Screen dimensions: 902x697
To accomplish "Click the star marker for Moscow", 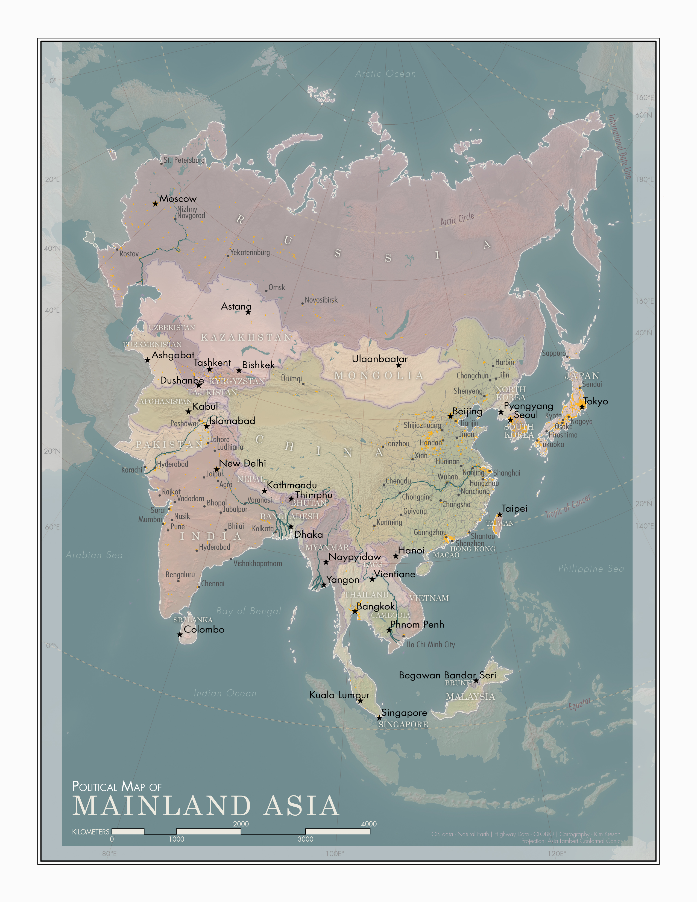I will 155,204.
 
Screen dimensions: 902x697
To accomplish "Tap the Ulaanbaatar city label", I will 379,359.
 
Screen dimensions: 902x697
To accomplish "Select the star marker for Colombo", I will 180,634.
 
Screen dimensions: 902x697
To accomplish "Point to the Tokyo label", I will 596,401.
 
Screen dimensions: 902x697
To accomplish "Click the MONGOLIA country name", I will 379,375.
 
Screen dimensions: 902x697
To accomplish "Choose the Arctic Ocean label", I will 386,74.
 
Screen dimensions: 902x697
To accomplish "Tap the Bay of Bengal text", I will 248,611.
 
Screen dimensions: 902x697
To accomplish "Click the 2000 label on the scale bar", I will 241,824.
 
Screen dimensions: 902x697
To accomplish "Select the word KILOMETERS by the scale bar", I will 90,832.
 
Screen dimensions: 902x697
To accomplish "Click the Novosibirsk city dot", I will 302,304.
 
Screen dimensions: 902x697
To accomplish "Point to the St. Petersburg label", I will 184,160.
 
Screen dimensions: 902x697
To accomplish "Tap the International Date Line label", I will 619,146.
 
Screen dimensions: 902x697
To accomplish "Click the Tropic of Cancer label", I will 568,507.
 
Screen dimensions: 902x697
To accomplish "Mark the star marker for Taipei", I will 500,515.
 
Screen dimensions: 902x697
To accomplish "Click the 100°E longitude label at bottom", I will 335,854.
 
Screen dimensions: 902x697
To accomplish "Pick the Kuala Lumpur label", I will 339,695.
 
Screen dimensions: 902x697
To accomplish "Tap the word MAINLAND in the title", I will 162,806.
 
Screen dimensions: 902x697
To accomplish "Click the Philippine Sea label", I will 591,569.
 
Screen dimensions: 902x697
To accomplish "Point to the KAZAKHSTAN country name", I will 247,337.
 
